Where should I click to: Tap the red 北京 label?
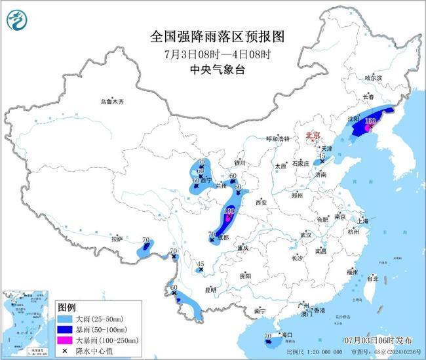[312, 135]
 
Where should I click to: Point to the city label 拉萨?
[117, 239]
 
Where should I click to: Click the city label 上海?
[357, 220]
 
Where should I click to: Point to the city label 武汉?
[305, 234]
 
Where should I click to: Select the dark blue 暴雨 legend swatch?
[66, 329]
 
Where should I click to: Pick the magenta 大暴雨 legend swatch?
[66, 340]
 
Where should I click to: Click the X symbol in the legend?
[66, 350]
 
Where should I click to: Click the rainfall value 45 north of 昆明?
[201, 264]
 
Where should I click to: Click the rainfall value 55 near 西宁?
[202, 162]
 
